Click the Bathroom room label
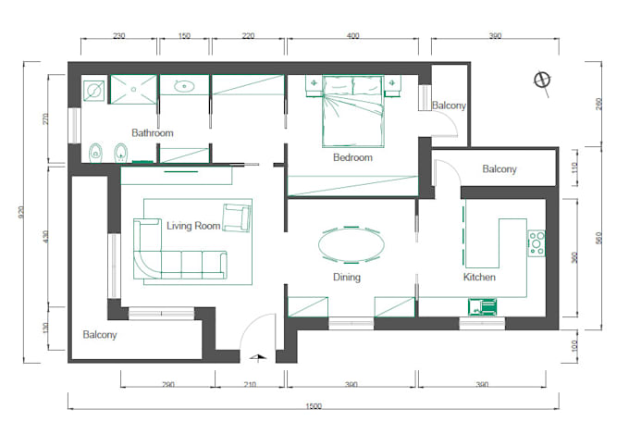click(x=153, y=133)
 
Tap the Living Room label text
click(x=193, y=226)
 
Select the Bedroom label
click(x=352, y=157)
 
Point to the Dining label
click(x=347, y=277)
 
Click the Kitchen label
click(x=479, y=277)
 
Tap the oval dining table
click(x=351, y=244)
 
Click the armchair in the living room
click(x=237, y=217)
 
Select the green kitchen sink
click(x=483, y=306)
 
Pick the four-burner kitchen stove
click(x=536, y=243)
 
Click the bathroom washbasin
click(x=184, y=85)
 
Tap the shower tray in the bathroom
click(x=133, y=89)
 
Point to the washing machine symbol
click(x=93, y=91)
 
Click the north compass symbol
click(x=542, y=81)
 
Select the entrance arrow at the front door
click(x=257, y=358)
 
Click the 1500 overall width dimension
click(x=314, y=406)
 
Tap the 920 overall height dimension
click(x=21, y=212)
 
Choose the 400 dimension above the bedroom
click(x=353, y=36)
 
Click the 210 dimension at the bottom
click(x=250, y=384)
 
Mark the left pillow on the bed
click(x=338, y=85)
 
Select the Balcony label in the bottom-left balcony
click(x=100, y=334)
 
